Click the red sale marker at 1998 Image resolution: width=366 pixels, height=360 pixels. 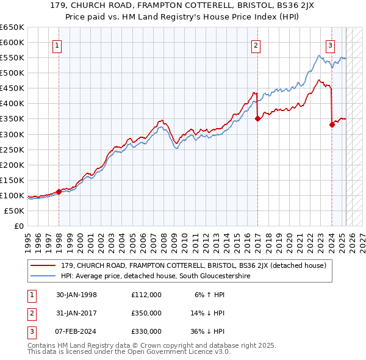pos(59,192)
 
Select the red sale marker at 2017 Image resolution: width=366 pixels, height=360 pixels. pos(257,119)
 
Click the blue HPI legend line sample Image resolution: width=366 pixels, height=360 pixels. pos(43,276)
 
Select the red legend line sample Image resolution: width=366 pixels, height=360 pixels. pos(43,265)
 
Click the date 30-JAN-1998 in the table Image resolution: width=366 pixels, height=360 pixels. pos(76,295)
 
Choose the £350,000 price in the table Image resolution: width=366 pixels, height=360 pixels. pos(146,313)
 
